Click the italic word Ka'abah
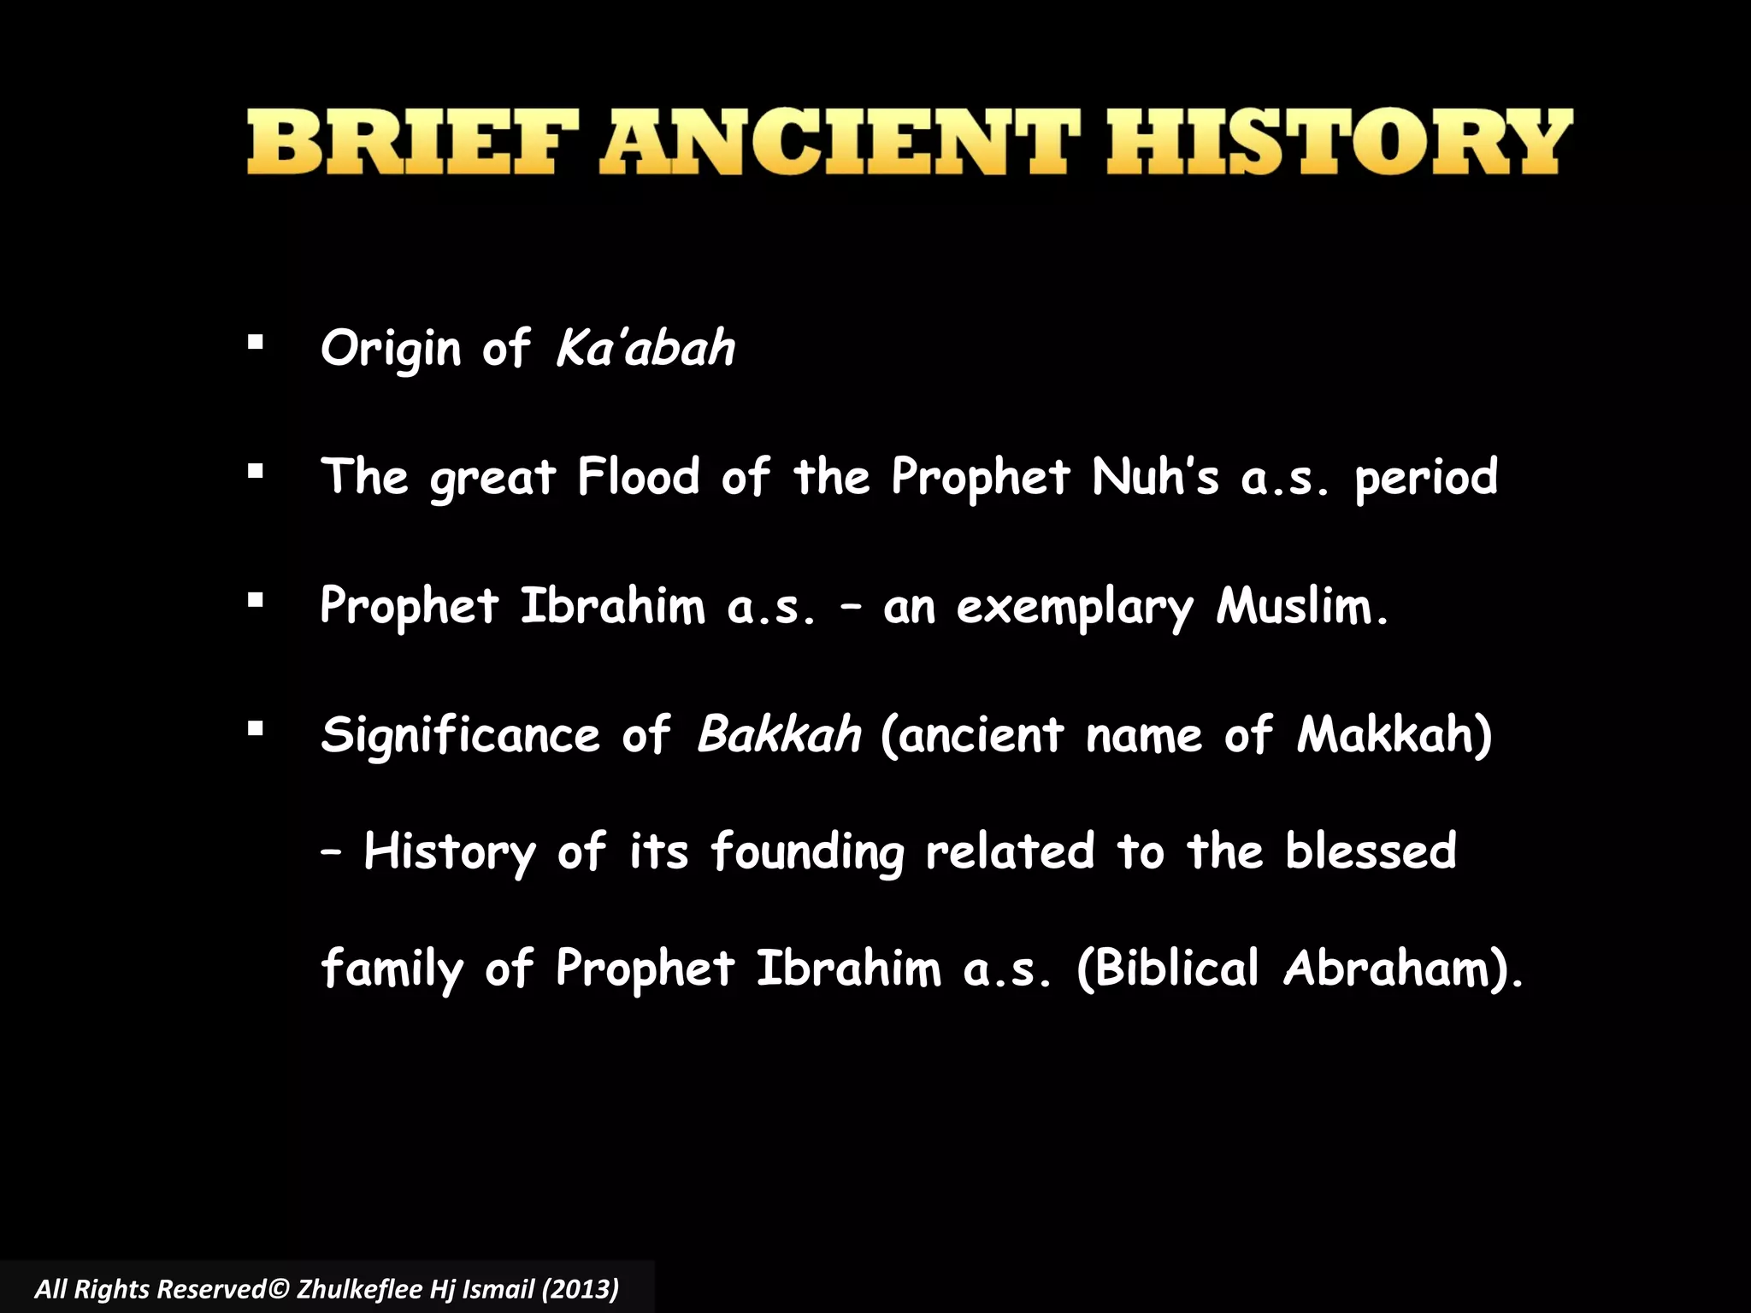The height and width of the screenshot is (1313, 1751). (x=646, y=348)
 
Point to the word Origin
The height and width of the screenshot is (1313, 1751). (x=391, y=350)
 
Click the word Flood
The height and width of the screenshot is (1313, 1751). (x=638, y=476)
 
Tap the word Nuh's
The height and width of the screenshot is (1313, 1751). (x=1155, y=476)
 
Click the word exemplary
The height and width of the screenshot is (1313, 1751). (x=1074, y=608)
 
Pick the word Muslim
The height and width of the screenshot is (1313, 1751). (x=1301, y=606)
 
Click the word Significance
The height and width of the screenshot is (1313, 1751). (x=460, y=735)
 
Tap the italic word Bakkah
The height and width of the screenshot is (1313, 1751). (x=779, y=734)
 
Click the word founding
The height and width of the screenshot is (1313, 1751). (x=807, y=853)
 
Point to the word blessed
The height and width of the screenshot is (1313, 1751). (x=1371, y=851)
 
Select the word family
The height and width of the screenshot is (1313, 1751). (x=392, y=969)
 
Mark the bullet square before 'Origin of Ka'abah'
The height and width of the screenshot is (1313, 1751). (x=255, y=343)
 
